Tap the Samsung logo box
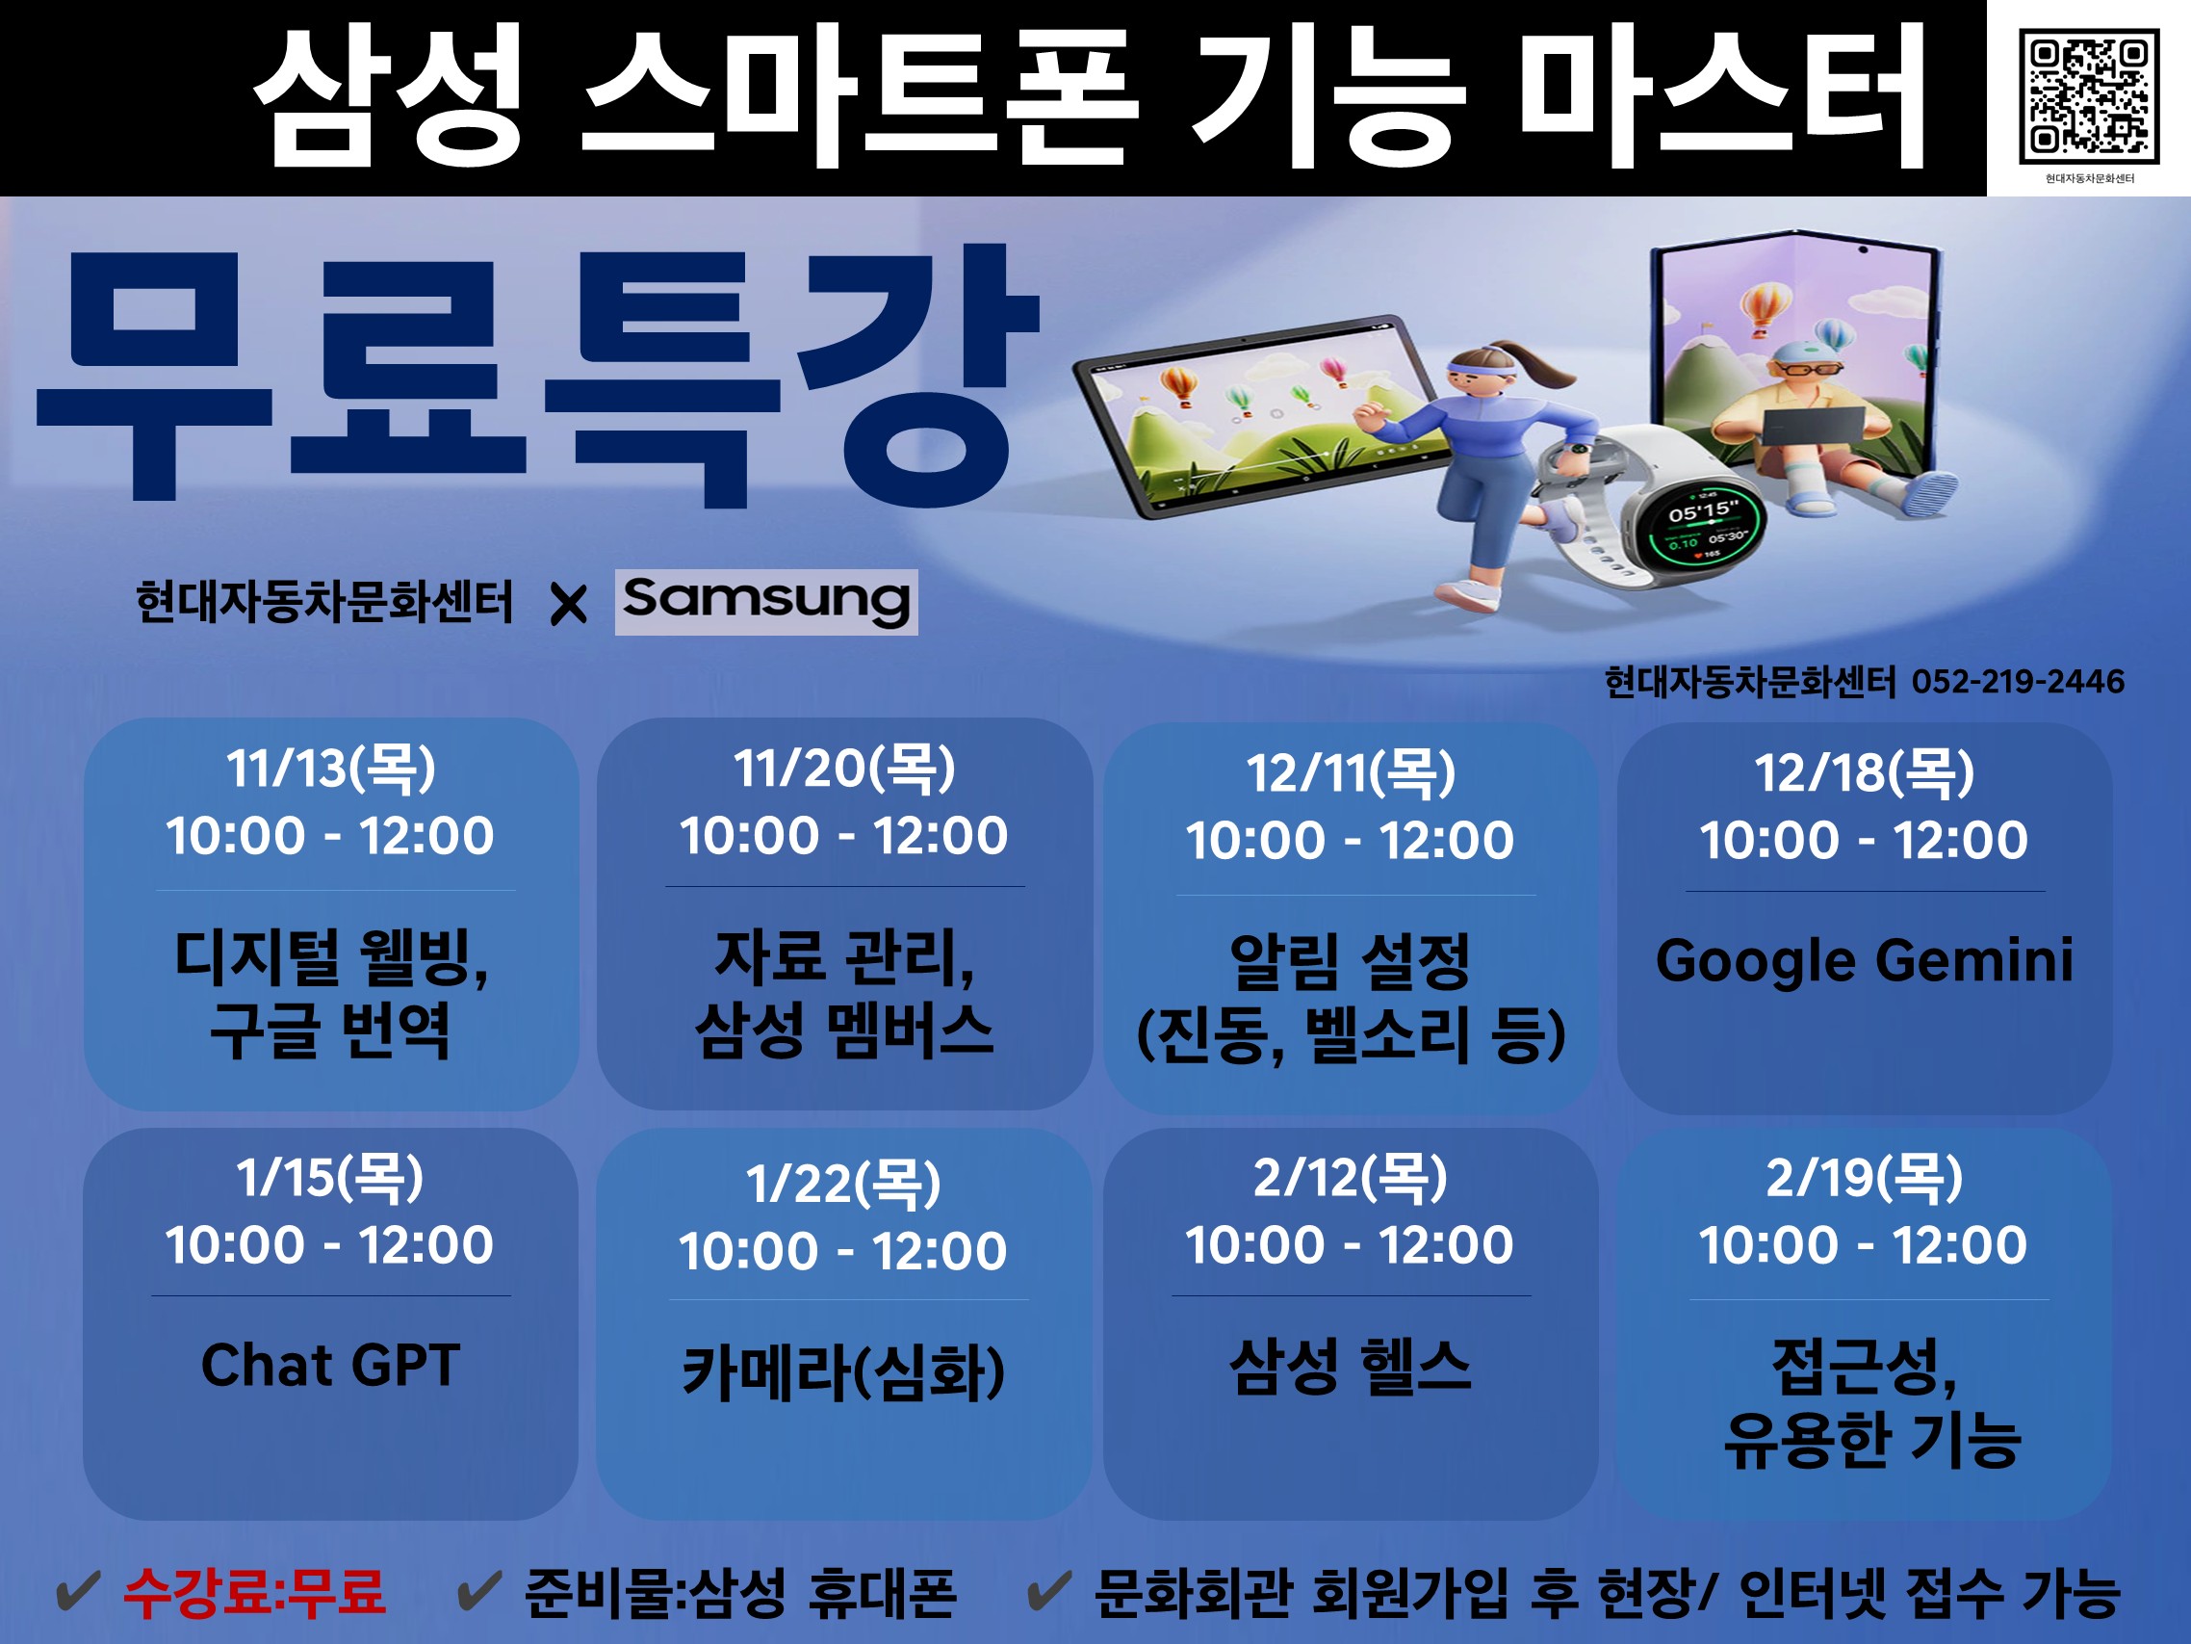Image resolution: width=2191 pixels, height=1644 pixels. point(765,602)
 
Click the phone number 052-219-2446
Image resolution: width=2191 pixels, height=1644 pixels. point(2018,682)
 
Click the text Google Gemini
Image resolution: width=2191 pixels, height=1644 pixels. point(1864,961)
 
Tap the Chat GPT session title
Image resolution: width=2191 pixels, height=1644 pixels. point(331,1365)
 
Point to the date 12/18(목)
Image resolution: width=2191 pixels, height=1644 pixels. point(1864,774)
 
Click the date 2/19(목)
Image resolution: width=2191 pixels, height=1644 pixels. point(1864,1178)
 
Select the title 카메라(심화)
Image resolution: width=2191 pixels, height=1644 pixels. point(844,1372)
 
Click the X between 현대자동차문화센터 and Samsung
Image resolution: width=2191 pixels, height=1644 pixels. point(569,604)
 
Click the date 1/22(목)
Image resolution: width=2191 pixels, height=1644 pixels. point(844,1185)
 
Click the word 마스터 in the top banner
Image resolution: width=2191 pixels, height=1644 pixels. point(1720,97)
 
